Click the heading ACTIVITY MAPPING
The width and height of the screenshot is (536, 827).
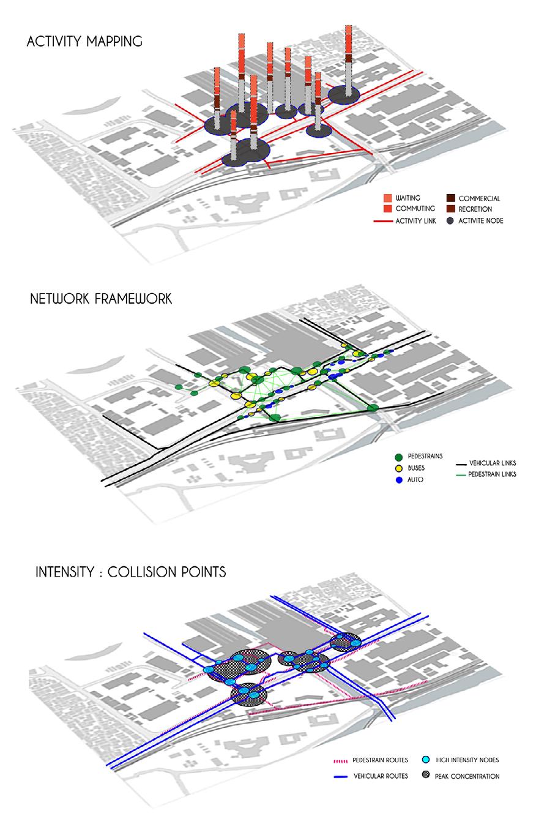click(84, 42)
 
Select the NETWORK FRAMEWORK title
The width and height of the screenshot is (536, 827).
click(101, 299)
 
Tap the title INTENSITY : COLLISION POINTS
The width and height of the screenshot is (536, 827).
click(130, 572)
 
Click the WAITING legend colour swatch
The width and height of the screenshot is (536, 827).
click(388, 198)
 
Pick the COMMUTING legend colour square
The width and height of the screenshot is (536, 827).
click(388, 209)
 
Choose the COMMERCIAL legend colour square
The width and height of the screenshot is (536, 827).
click(450, 198)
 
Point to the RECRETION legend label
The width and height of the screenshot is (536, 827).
click(475, 209)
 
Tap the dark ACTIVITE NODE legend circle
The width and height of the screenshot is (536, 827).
click(450, 221)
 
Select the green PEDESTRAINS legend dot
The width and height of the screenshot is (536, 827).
click(399, 457)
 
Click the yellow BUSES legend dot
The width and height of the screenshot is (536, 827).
click(399, 468)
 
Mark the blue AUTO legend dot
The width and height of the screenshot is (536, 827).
click(399, 480)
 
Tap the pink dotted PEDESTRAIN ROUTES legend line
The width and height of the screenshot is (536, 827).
click(340, 761)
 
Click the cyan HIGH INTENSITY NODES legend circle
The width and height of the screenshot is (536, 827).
click(426, 760)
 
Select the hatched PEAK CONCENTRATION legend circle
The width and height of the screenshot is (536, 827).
click(426, 776)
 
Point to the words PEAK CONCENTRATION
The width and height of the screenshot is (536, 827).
click(467, 776)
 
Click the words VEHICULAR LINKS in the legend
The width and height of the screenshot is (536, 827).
click(493, 463)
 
